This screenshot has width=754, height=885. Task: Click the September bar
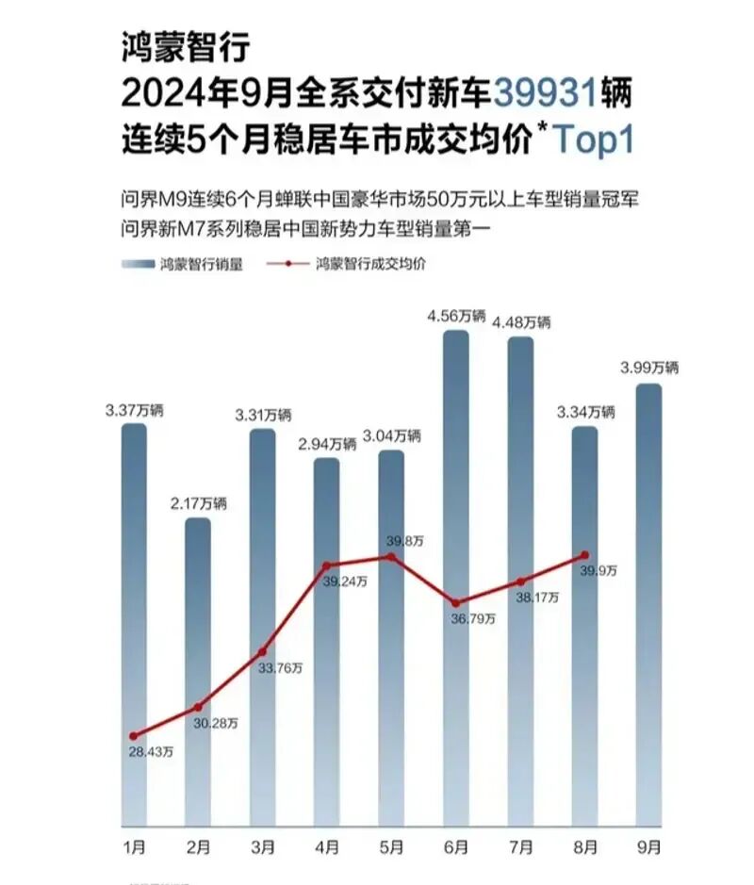pos(648,603)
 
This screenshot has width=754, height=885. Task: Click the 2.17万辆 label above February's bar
pos(199,503)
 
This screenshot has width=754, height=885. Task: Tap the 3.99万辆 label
pos(649,369)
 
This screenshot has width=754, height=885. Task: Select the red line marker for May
pos(391,557)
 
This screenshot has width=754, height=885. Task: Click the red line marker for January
pos(134,736)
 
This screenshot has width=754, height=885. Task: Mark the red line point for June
pos(455,602)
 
